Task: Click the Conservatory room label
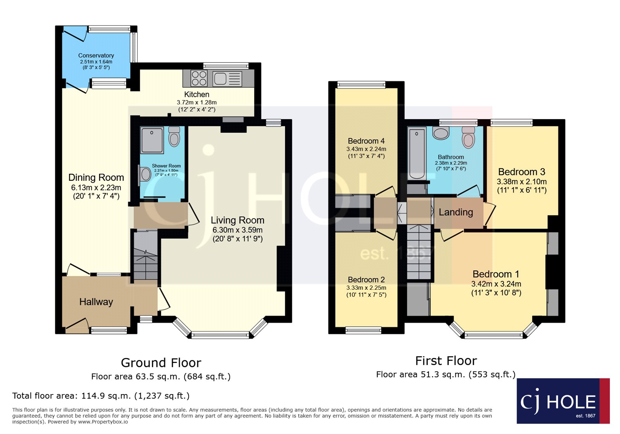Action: (x=96, y=55)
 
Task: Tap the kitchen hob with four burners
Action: (x=199, y=78)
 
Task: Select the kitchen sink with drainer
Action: (x=227, y=79)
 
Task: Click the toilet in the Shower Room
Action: (x=174, y=137)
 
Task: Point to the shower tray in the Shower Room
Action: (x=152, y=140)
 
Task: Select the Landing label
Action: (x=456, y=212)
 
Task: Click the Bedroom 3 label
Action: (x=522, y=172)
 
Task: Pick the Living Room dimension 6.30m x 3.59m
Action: (x=238, y=230)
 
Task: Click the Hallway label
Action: (x=96, y=302)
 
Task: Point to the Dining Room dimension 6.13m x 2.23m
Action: (x=96, y=188)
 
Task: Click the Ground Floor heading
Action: (x=161, y=363)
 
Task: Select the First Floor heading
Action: (x=446, y=361)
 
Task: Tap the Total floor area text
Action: (x=101, y=396)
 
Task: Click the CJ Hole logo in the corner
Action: (x=563, y=401)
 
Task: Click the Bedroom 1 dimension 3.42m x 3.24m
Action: (x=496, y=284)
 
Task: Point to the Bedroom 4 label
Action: (x=366, y=141)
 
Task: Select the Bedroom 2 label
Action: (x=366, y=280)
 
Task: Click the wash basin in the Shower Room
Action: (x=145, y=174)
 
